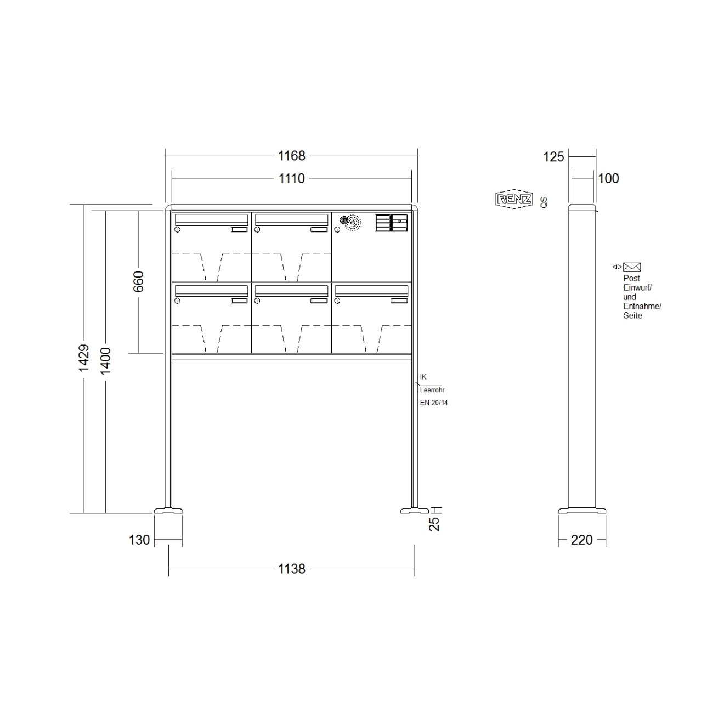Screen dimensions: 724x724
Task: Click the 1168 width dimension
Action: pos(291,156)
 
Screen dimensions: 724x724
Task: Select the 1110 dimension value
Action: pos(291,178)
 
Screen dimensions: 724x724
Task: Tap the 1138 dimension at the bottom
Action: pos(291,569)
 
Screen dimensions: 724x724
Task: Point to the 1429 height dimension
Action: pos(83,359)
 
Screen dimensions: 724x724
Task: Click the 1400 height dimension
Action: pos(106,361)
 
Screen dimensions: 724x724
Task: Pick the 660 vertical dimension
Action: pos(138,281)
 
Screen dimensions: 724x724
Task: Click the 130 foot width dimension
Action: pos(139,540)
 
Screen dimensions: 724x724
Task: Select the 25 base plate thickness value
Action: pos(434,524)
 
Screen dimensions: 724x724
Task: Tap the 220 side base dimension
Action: pos(581,540)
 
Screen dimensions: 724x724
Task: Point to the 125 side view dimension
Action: pos(553,157)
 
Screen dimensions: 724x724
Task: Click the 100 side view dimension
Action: pos(608,178)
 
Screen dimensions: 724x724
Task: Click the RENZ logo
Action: pos(513,199)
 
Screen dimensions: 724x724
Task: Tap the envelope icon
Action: pos(632,267)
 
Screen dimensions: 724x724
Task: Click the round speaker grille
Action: pos(351,222)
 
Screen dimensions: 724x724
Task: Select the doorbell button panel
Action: pos(391,223)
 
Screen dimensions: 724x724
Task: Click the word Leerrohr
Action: pos(432,390)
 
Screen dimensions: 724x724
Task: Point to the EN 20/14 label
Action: pos(434,403)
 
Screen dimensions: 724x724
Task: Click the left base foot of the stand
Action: pos(168,511)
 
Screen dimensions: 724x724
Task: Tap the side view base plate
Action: pos(582,511)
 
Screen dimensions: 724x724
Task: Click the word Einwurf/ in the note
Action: pos(637,287)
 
